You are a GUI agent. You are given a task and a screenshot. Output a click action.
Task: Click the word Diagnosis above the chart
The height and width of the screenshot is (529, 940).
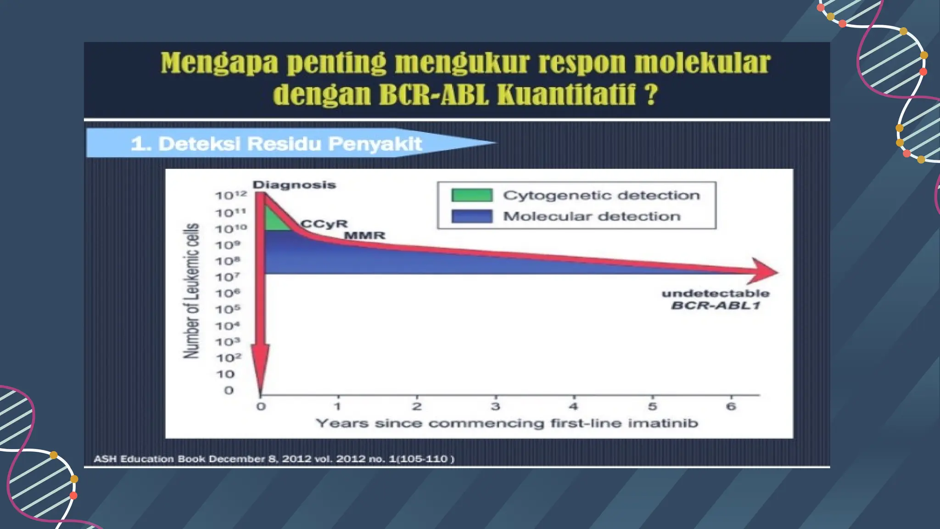(294, 185)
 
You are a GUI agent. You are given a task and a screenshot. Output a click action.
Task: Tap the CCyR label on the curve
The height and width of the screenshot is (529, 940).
(324, 224)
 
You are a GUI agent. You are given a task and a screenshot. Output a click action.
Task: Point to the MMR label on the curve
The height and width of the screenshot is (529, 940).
(365, 236)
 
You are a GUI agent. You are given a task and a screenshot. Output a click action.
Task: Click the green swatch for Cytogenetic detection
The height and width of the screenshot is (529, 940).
(472, 195)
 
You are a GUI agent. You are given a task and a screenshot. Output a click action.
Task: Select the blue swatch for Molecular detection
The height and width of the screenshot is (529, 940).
(472, 216)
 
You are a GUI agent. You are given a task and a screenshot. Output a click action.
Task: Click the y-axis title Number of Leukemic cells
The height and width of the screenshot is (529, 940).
(192, 291)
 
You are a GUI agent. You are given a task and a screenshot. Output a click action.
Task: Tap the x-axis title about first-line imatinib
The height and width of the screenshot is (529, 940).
(507, 423)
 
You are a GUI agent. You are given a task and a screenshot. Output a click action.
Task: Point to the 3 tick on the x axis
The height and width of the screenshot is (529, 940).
(495, 406)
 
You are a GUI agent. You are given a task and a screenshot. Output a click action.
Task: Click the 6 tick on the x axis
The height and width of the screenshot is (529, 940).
(731, 406)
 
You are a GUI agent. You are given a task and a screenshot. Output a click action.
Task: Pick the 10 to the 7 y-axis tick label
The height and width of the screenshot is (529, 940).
(228, 277)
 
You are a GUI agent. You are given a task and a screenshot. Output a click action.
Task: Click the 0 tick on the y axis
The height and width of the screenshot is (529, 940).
(229, 391)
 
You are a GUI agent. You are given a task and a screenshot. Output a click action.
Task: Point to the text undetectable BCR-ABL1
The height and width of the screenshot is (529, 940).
(716, 299)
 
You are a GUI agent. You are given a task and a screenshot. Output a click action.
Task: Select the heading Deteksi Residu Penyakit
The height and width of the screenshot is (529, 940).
(276, 144)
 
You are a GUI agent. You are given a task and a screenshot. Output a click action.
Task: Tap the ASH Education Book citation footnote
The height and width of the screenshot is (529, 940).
(274, 459)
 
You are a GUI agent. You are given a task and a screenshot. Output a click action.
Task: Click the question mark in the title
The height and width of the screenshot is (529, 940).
(650, 95)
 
